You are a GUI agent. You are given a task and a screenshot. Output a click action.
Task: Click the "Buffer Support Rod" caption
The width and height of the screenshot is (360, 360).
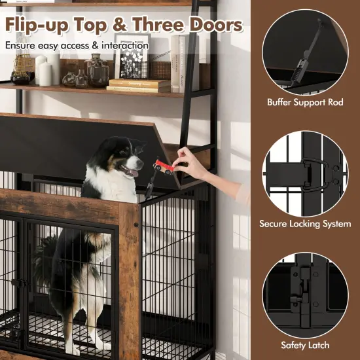point(306,102)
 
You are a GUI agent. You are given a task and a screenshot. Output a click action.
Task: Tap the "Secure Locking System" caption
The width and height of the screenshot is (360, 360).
point(305,224)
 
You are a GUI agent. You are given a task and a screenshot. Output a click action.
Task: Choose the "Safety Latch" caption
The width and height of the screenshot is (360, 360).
point(305,344)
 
